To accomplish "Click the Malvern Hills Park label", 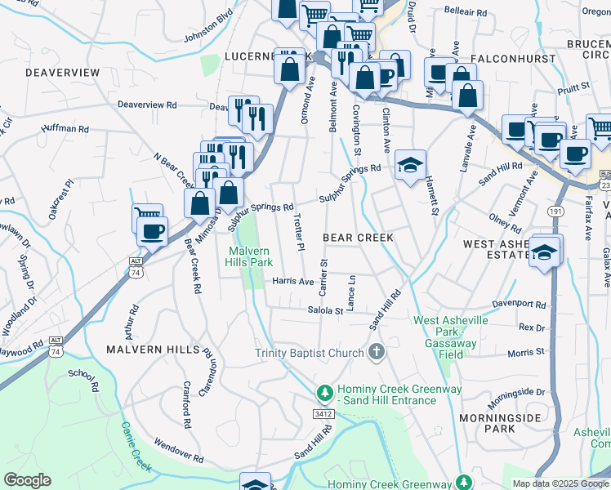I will [250, 256].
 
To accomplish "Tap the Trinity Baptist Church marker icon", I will [377, 353].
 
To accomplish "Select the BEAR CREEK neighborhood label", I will [358, 238].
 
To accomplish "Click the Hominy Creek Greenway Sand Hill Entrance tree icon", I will [325, 394].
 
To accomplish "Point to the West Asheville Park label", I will [451, 332].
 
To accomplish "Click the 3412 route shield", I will [323, 415].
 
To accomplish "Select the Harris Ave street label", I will [293, 281].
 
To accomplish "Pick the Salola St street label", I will [324, 310].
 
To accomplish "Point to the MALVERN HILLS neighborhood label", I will [153, 349].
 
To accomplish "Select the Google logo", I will [28, 480].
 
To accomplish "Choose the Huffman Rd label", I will [64, 128].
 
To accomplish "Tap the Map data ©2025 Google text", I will [560, 483].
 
